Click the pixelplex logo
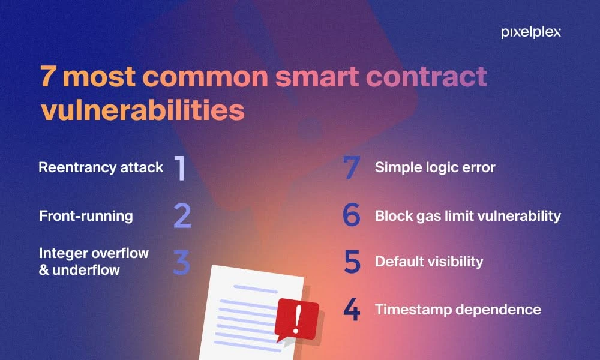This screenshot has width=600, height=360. coord(531,32)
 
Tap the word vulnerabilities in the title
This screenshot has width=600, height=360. coord(142,110)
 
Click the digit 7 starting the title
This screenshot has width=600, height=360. coord(47,77)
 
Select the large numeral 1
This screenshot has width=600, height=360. coord(180,168)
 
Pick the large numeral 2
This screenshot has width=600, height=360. coord(182,216)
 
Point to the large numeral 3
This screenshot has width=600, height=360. coord(181,262)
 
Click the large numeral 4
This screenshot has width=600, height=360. coord(352,309)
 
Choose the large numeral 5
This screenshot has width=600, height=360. coord(352,262)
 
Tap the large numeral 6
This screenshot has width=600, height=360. coord(352,214)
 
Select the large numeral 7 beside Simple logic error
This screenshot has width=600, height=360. coord(352,167)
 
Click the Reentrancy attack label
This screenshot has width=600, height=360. coord(101,167)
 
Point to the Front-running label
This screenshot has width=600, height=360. coord(86,216)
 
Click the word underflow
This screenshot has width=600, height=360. coord(86,270)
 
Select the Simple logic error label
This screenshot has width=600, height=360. coord(435,167)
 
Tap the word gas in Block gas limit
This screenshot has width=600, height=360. coord(429,217)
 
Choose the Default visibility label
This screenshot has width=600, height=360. coord(429,262)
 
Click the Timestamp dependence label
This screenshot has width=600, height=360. coord(458,310)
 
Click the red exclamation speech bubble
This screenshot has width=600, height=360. coord(297,320)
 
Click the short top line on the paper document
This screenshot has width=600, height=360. coord(256,289)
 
